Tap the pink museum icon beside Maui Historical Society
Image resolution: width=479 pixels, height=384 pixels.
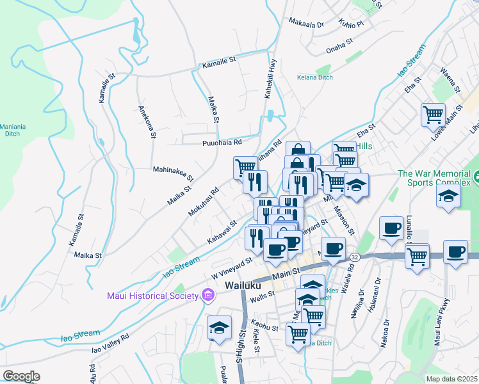[x=207, y=295]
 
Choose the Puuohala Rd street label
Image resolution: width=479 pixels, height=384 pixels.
[x=222, y=143]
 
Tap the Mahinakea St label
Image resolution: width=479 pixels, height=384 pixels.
[x=173, y=170]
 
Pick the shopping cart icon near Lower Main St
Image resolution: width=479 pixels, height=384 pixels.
[x=433, y=115]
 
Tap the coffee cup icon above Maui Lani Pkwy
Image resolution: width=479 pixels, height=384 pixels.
[x=455, y=252]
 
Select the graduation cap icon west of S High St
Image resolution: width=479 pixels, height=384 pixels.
[x=219, y=328]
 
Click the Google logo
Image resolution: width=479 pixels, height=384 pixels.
[x=21, y=376]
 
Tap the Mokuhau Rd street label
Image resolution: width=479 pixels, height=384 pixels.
[x=204, y=200]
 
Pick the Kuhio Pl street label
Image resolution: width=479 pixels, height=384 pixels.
[x=352, y=24]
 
